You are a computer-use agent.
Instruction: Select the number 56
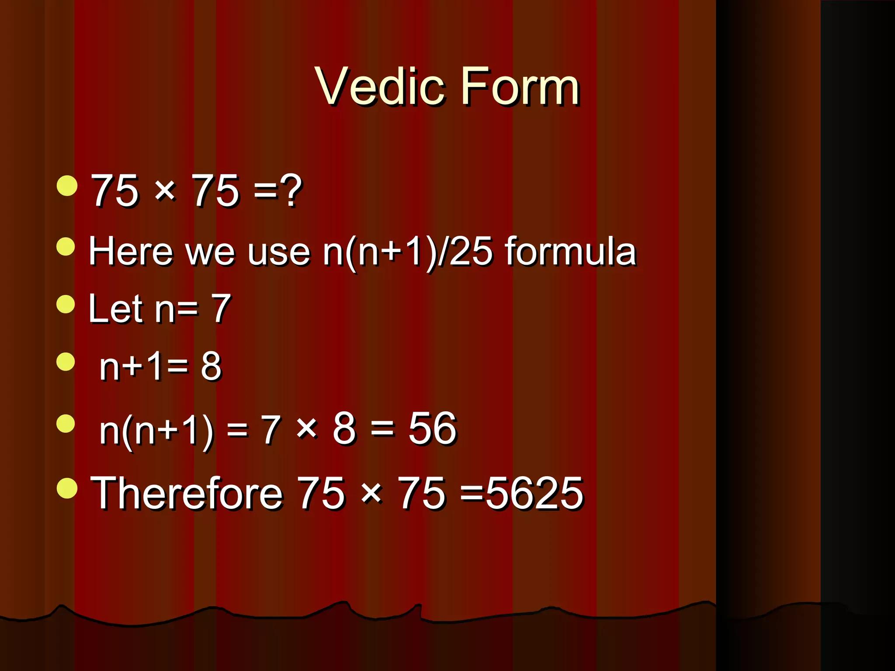[x=432, y=429]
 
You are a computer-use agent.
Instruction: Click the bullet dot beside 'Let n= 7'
[x=66, y=304]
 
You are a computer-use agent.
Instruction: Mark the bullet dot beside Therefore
[x=67, y=488]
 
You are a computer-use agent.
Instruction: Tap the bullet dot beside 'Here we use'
[x=66, y=246]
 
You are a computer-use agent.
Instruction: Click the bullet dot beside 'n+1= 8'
[x=66, y=362]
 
